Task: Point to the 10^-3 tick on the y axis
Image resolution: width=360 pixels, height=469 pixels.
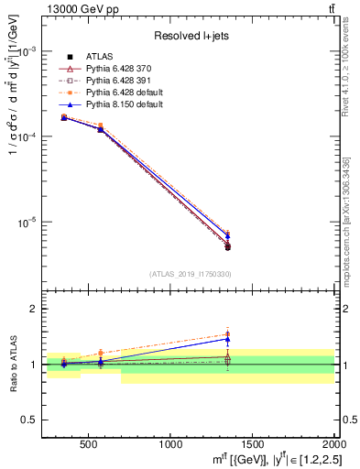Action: pos(32,51)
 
